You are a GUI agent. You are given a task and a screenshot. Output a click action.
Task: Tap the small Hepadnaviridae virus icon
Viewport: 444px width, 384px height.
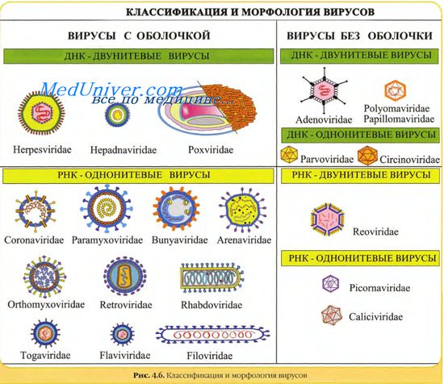117,115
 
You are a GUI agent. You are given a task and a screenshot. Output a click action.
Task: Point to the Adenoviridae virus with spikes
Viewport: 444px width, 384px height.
325,90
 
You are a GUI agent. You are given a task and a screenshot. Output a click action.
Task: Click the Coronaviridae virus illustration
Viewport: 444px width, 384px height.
35,211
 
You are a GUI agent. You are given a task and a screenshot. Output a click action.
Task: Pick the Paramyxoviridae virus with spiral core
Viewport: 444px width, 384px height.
107,209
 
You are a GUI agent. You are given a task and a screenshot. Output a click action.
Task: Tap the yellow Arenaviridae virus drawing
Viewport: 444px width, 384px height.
243,210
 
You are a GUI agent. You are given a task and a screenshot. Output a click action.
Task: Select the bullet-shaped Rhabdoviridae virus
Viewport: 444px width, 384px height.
212,278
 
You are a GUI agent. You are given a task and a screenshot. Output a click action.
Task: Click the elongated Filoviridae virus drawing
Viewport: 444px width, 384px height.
212,335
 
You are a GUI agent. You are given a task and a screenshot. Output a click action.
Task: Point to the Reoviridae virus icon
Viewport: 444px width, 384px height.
327,220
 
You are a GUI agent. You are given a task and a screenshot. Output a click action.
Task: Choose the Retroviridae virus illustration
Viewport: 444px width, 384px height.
125,276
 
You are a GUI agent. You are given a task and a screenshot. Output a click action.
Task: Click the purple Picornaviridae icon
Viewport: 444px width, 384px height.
330,284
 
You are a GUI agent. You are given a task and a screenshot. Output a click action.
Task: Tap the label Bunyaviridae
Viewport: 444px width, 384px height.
180,240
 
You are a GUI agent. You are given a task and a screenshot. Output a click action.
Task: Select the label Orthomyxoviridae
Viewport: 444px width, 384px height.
46,305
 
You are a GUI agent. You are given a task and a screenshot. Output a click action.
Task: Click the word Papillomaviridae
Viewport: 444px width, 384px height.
399,119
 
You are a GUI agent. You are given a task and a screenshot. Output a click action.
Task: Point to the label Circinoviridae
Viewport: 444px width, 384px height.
409,160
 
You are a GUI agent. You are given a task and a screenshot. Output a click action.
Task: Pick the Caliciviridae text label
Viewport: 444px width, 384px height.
375,317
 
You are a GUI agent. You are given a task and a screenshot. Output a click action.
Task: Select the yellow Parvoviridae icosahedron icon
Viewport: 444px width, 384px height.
289,155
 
